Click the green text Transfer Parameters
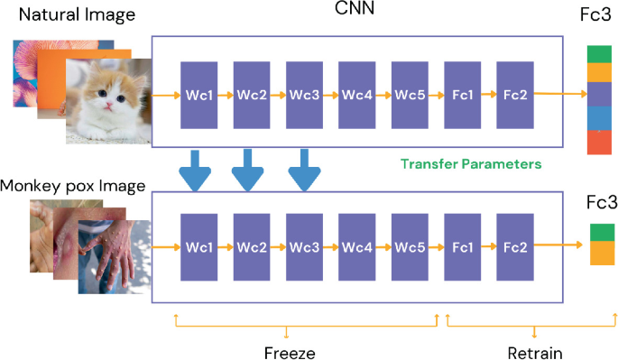[471, 164]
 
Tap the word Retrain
[535, 352]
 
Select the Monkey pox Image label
[74, 186]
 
